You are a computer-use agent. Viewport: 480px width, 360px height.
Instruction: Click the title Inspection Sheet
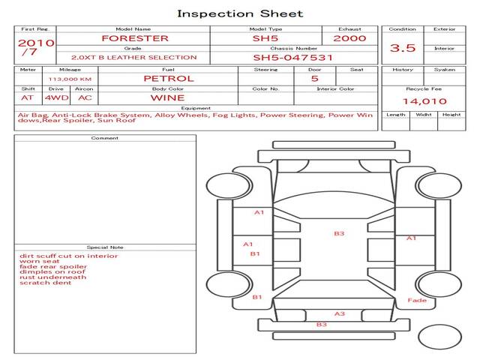pyautogui.click(x=239, y=13)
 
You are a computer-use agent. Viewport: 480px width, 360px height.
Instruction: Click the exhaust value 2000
pyautogui.click(x=349, y=38)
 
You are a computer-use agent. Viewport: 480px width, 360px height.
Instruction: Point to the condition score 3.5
pyautogui.click(x=403, y=48)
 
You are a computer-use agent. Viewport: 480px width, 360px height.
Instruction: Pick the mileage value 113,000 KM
pyautogui.click(x=70, y=78)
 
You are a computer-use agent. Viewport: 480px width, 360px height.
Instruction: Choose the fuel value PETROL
pyautogui.click(x=168, y=78)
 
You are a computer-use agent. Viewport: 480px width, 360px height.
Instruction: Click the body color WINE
pyautogui.click(x=167, y=97)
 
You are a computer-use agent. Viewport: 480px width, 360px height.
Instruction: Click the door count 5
pyautogui.click(x=314, y=78)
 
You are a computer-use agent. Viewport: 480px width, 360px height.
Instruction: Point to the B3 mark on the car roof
pyautogui.click(x=339, y=234)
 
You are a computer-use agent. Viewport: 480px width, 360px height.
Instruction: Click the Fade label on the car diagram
pyautogui.click(x=417, y=301)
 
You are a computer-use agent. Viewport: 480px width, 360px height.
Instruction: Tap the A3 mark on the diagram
pyautogui.click(x=339, y=313)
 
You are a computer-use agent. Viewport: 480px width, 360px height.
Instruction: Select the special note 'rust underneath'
pyautogui.click(x=52, y=277)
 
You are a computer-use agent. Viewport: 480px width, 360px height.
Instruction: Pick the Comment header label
pyautogui.click(x=104, y=138)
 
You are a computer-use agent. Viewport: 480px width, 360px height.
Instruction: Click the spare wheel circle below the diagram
pyautogui.click(x=439, y=337)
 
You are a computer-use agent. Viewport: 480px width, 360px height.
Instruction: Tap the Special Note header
pyautogui.click(x=104, y=247)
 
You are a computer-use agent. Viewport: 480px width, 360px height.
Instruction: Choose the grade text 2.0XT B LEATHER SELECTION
pyautogui.click(x=133, y=57)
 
